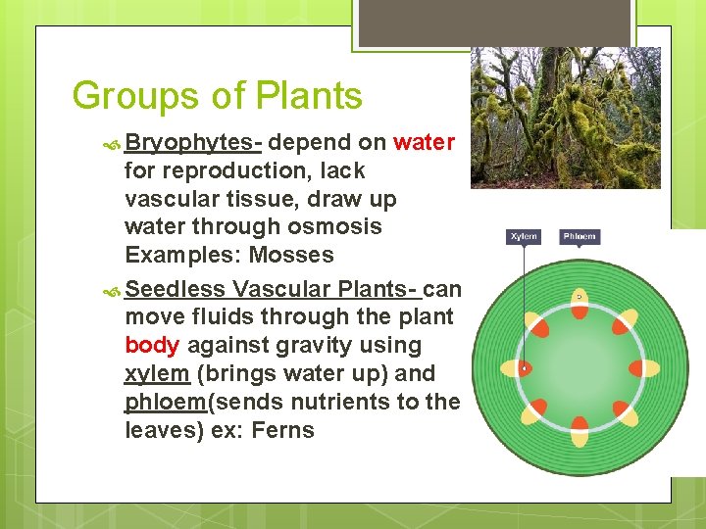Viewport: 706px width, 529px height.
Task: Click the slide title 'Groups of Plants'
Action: pyautogui.click(x=217, y=96)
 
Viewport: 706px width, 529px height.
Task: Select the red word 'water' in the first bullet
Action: pyautogui.click(x=424, y=142)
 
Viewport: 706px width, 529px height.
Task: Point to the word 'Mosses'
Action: pyautogui.click(x=291, y=255)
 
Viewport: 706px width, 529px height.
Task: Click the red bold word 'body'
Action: pyautogui.click(x=152, y=345)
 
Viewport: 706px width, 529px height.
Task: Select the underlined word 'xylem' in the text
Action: pyautogui.click(x=157, y=373)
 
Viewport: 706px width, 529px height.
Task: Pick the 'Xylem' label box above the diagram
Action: pyautogui.click(x=523, y=237)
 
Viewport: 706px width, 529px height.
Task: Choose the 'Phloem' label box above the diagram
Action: pyautogui.click(x=579, y=237)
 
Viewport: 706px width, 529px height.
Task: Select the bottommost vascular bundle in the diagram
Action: pyautogui.click(x=580, y=431)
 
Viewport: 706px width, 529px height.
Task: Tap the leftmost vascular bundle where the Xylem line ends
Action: pyautogui.click(x=516, y=368)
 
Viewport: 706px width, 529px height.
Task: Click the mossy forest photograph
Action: pyautogui.click(x=565, y=118)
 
